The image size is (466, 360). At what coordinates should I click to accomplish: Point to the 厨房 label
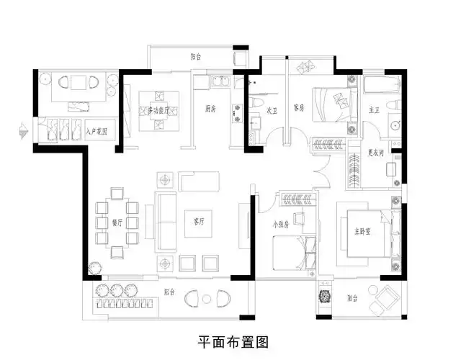pos(210,110)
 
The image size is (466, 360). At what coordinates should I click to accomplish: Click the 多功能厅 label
pos(158,111)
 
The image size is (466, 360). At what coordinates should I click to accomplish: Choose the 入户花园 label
pos(96,132)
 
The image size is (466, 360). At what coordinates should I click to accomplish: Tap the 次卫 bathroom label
pos(272,111)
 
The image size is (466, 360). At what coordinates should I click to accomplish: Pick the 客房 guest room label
pos(300,107)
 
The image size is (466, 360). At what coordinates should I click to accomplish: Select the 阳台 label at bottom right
pos(351,297)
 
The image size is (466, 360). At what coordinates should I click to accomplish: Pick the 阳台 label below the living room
pos(169,292)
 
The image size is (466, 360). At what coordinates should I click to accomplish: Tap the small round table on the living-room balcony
pos(207,298)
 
